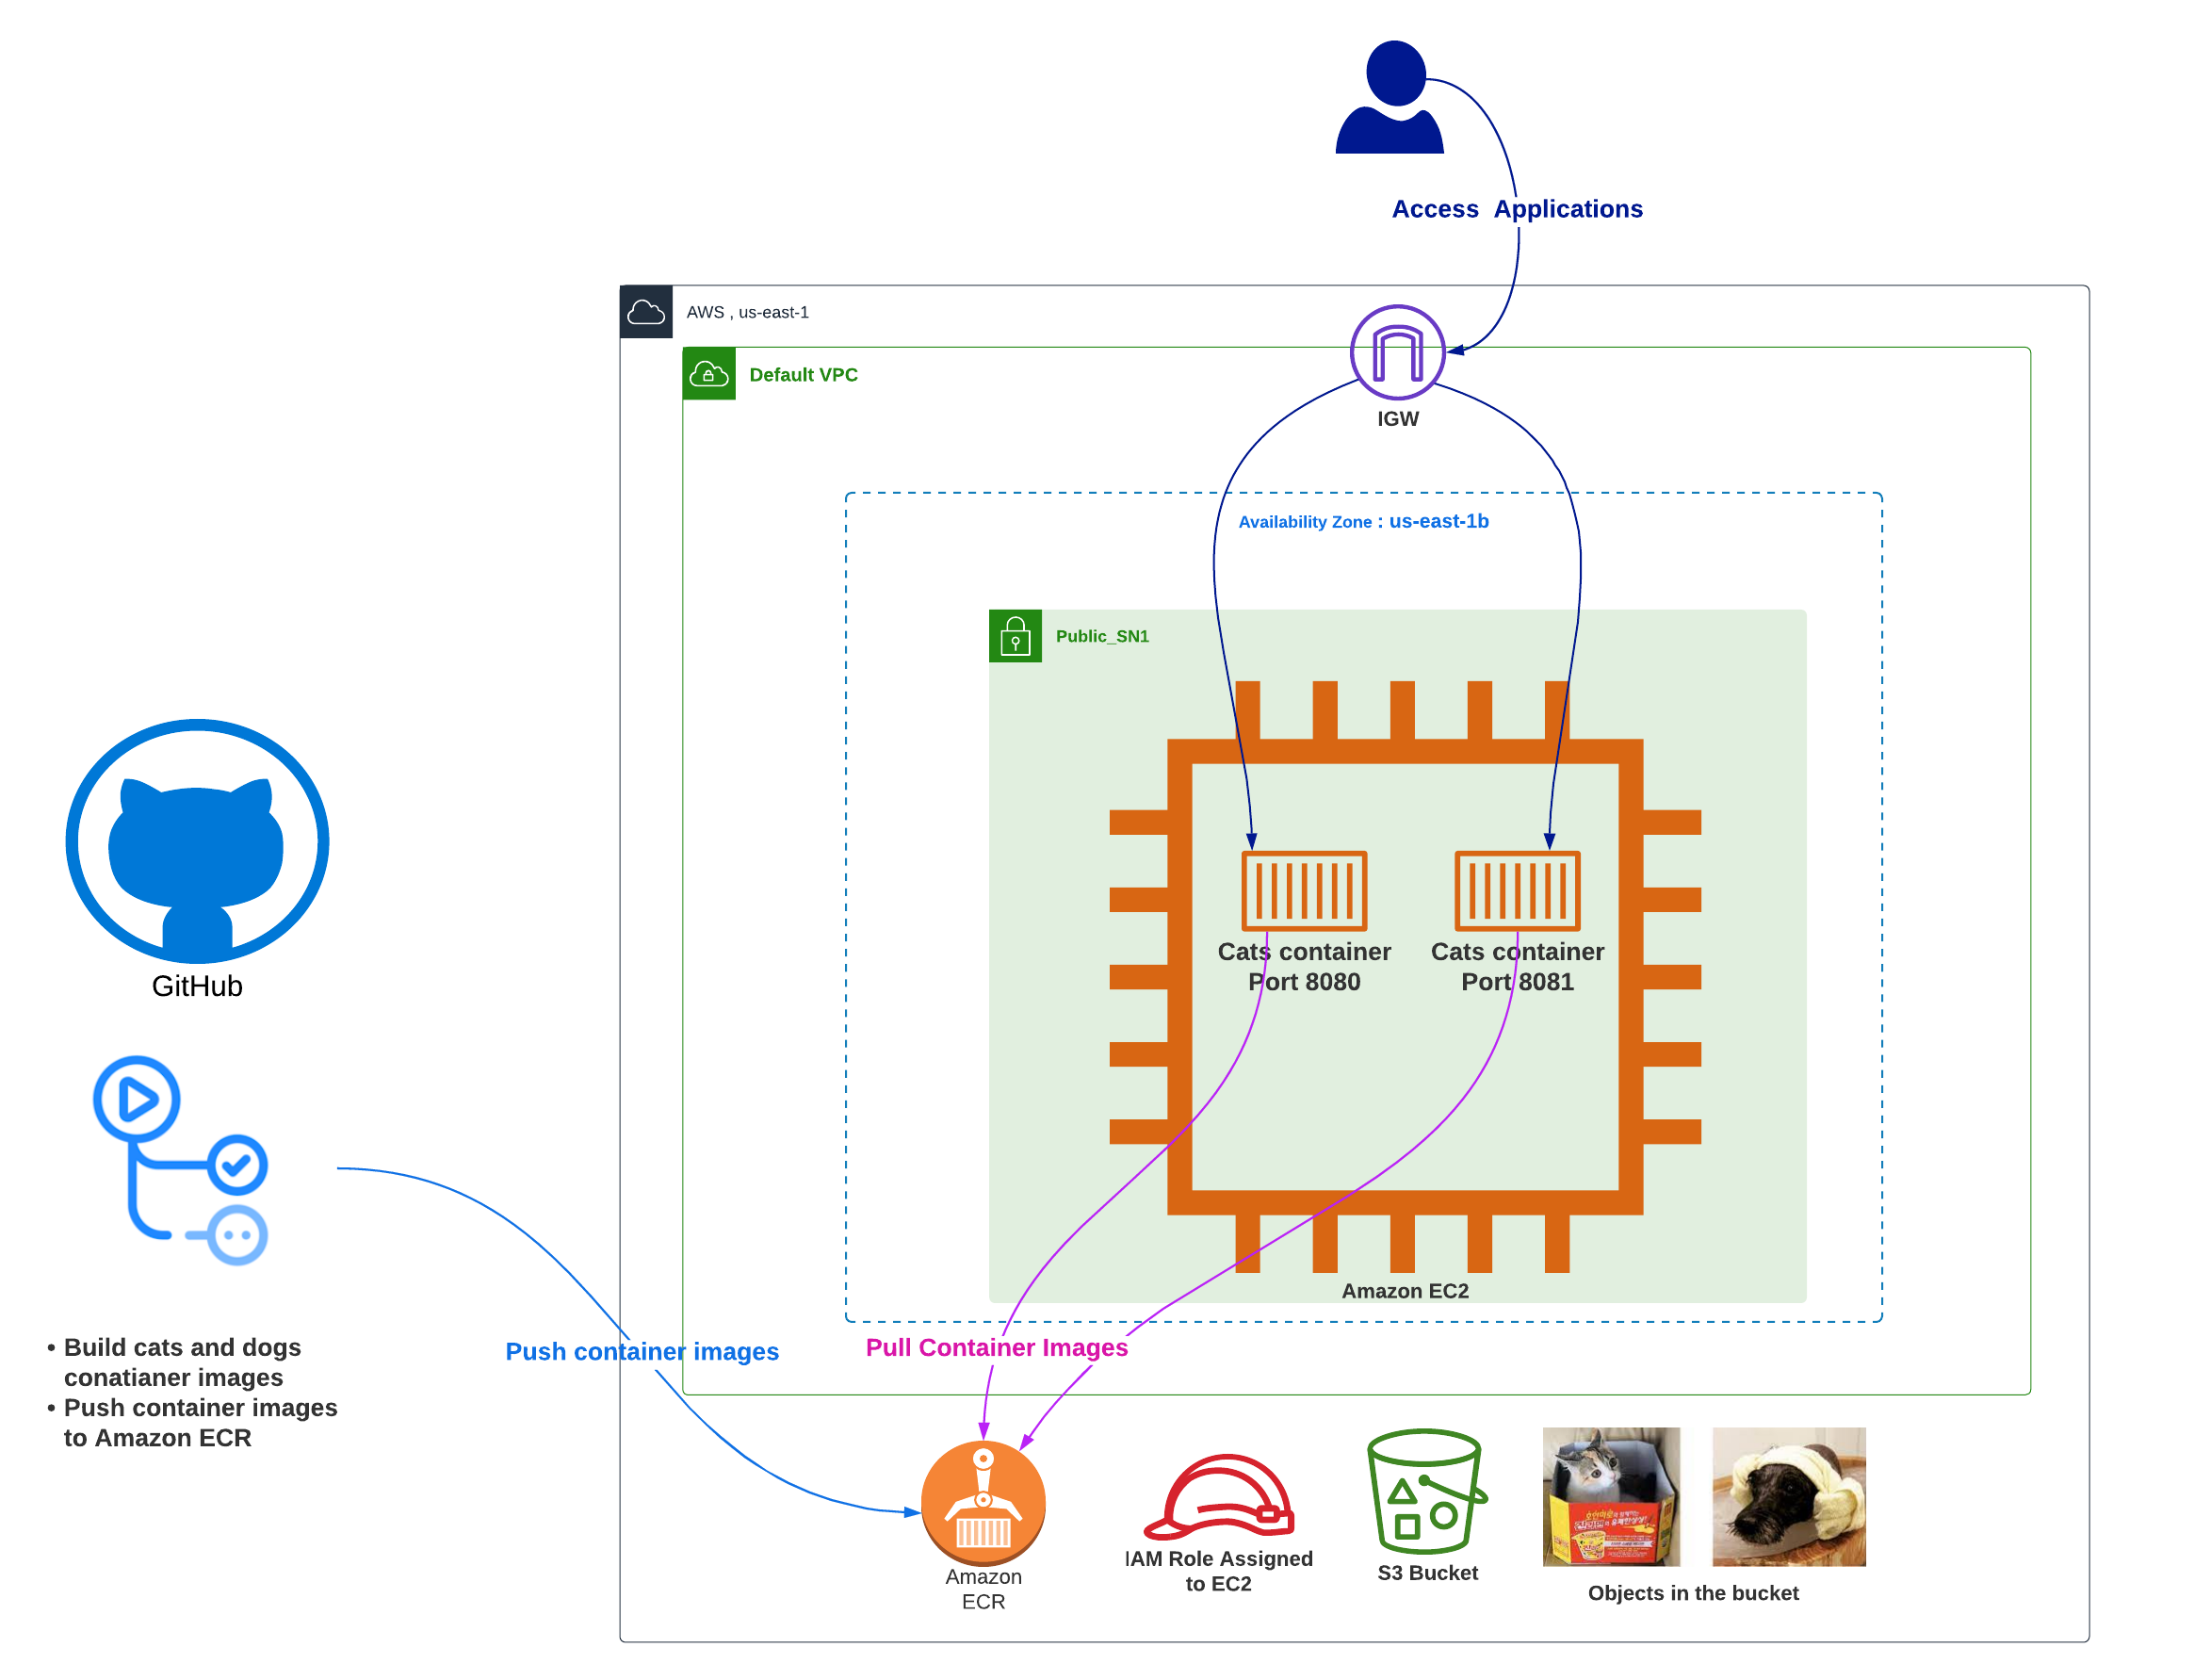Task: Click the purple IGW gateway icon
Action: (x=1397, y=352)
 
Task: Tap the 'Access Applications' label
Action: (x=1517, y=209)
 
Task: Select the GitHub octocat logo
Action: (x=197, y=841)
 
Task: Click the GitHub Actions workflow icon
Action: (x=180, y=1160)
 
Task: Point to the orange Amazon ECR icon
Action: (x=983, y=1502)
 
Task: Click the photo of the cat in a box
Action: (x=1610, y=1496)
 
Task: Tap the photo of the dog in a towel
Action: (x=1788, y=1496)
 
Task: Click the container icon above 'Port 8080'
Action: (x=1304, y=890)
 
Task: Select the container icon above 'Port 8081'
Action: (x=1517, y=890)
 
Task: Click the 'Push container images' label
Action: (x=642, y=1351)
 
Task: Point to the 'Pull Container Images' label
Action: (x=997, y=1347)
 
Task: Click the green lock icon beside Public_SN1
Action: (x=1015, y=636)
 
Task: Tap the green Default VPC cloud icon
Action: (x=708, y=374)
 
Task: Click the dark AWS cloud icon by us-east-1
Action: (x=645, y=312)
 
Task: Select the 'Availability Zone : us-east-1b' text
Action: (x=1363, y=521)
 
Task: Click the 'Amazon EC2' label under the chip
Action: (x=1405, y=1291)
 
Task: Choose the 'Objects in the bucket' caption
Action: (x=1692, y=1593)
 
